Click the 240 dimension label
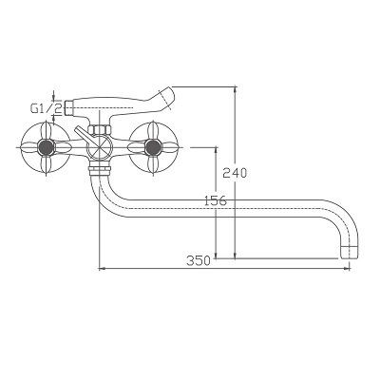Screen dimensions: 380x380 [x=235, y=173]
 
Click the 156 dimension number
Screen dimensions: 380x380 [x=216, y=200]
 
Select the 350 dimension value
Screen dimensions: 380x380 [x=199, y=260]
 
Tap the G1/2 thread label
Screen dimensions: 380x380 [x=47, y=108]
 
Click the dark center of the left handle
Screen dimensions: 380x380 [x=46, y=147]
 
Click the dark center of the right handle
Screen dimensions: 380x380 [x=153, y=147]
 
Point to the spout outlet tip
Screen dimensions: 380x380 [x=351, y=253]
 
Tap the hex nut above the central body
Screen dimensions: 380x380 [x=100, y=129]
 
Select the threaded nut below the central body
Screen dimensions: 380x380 [x=100, y=168]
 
